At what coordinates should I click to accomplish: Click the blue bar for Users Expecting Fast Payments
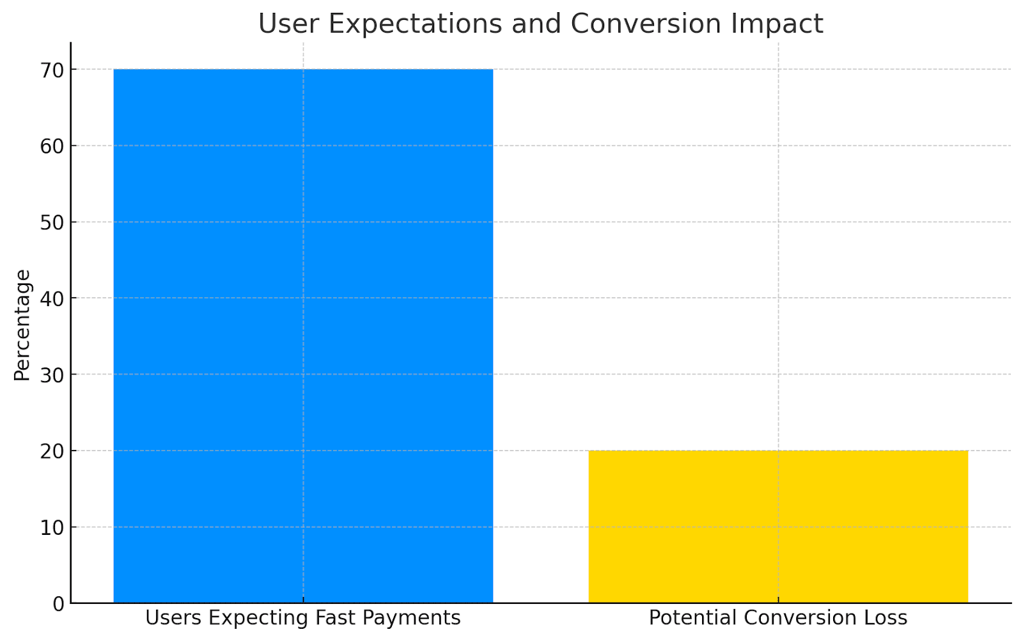click(x=303, y=336)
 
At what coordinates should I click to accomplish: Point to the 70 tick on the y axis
click(x=52, y=70)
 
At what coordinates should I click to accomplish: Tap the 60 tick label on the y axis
click(x=52, y=146)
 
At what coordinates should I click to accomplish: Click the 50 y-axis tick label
click(x=52, y=222)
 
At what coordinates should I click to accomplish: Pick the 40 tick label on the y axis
click(x=52, y=298)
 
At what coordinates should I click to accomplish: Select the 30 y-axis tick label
click(x=52, y=375)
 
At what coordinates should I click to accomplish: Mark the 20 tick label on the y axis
click(x=52, y=451)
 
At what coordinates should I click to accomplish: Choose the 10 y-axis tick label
click(x=52, y=527)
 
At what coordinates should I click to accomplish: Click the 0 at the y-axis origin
click(x=59, y=604)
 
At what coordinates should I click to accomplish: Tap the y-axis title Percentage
click(x=22, y=325)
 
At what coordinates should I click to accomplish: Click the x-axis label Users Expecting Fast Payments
click(x=303, y=618)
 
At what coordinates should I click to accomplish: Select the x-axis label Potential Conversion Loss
click(x=778, y=618)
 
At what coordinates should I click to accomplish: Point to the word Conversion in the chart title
click(x=646, y=24)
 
